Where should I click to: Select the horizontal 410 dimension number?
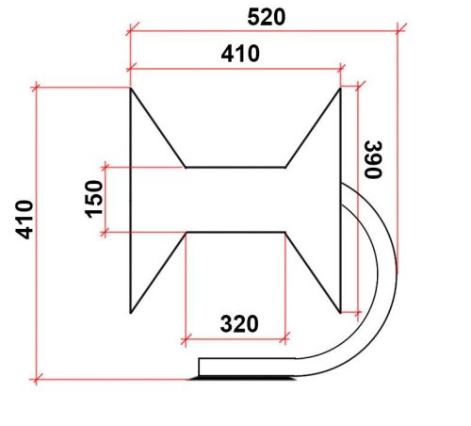point(240,56)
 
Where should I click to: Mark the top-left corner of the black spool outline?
point(130,89)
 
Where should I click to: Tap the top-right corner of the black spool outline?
point(339,89)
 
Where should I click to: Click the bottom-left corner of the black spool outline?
point(130,311)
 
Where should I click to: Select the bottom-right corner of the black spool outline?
point(339,311)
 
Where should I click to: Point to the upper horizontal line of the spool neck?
point(235,167)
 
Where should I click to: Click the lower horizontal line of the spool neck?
point(235,231)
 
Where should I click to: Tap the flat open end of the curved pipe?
point(199,368)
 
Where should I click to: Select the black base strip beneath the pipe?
point(244,377)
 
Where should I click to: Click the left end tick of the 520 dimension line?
point(129,28)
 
